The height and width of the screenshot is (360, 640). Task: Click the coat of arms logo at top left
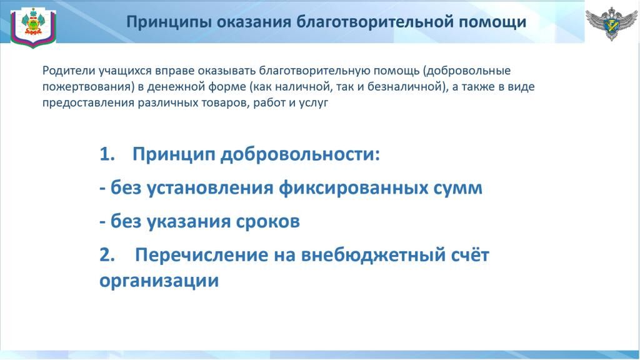point(33,27)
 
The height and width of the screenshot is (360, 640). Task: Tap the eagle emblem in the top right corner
point(611,23)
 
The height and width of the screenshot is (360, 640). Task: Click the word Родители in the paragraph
point(69,71)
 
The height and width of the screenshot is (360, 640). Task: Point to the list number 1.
point(107,155)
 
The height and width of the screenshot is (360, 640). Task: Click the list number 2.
point(107,255)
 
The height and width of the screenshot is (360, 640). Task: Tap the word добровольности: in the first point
point(300,156)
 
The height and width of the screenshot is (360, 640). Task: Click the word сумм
point(455,189)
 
